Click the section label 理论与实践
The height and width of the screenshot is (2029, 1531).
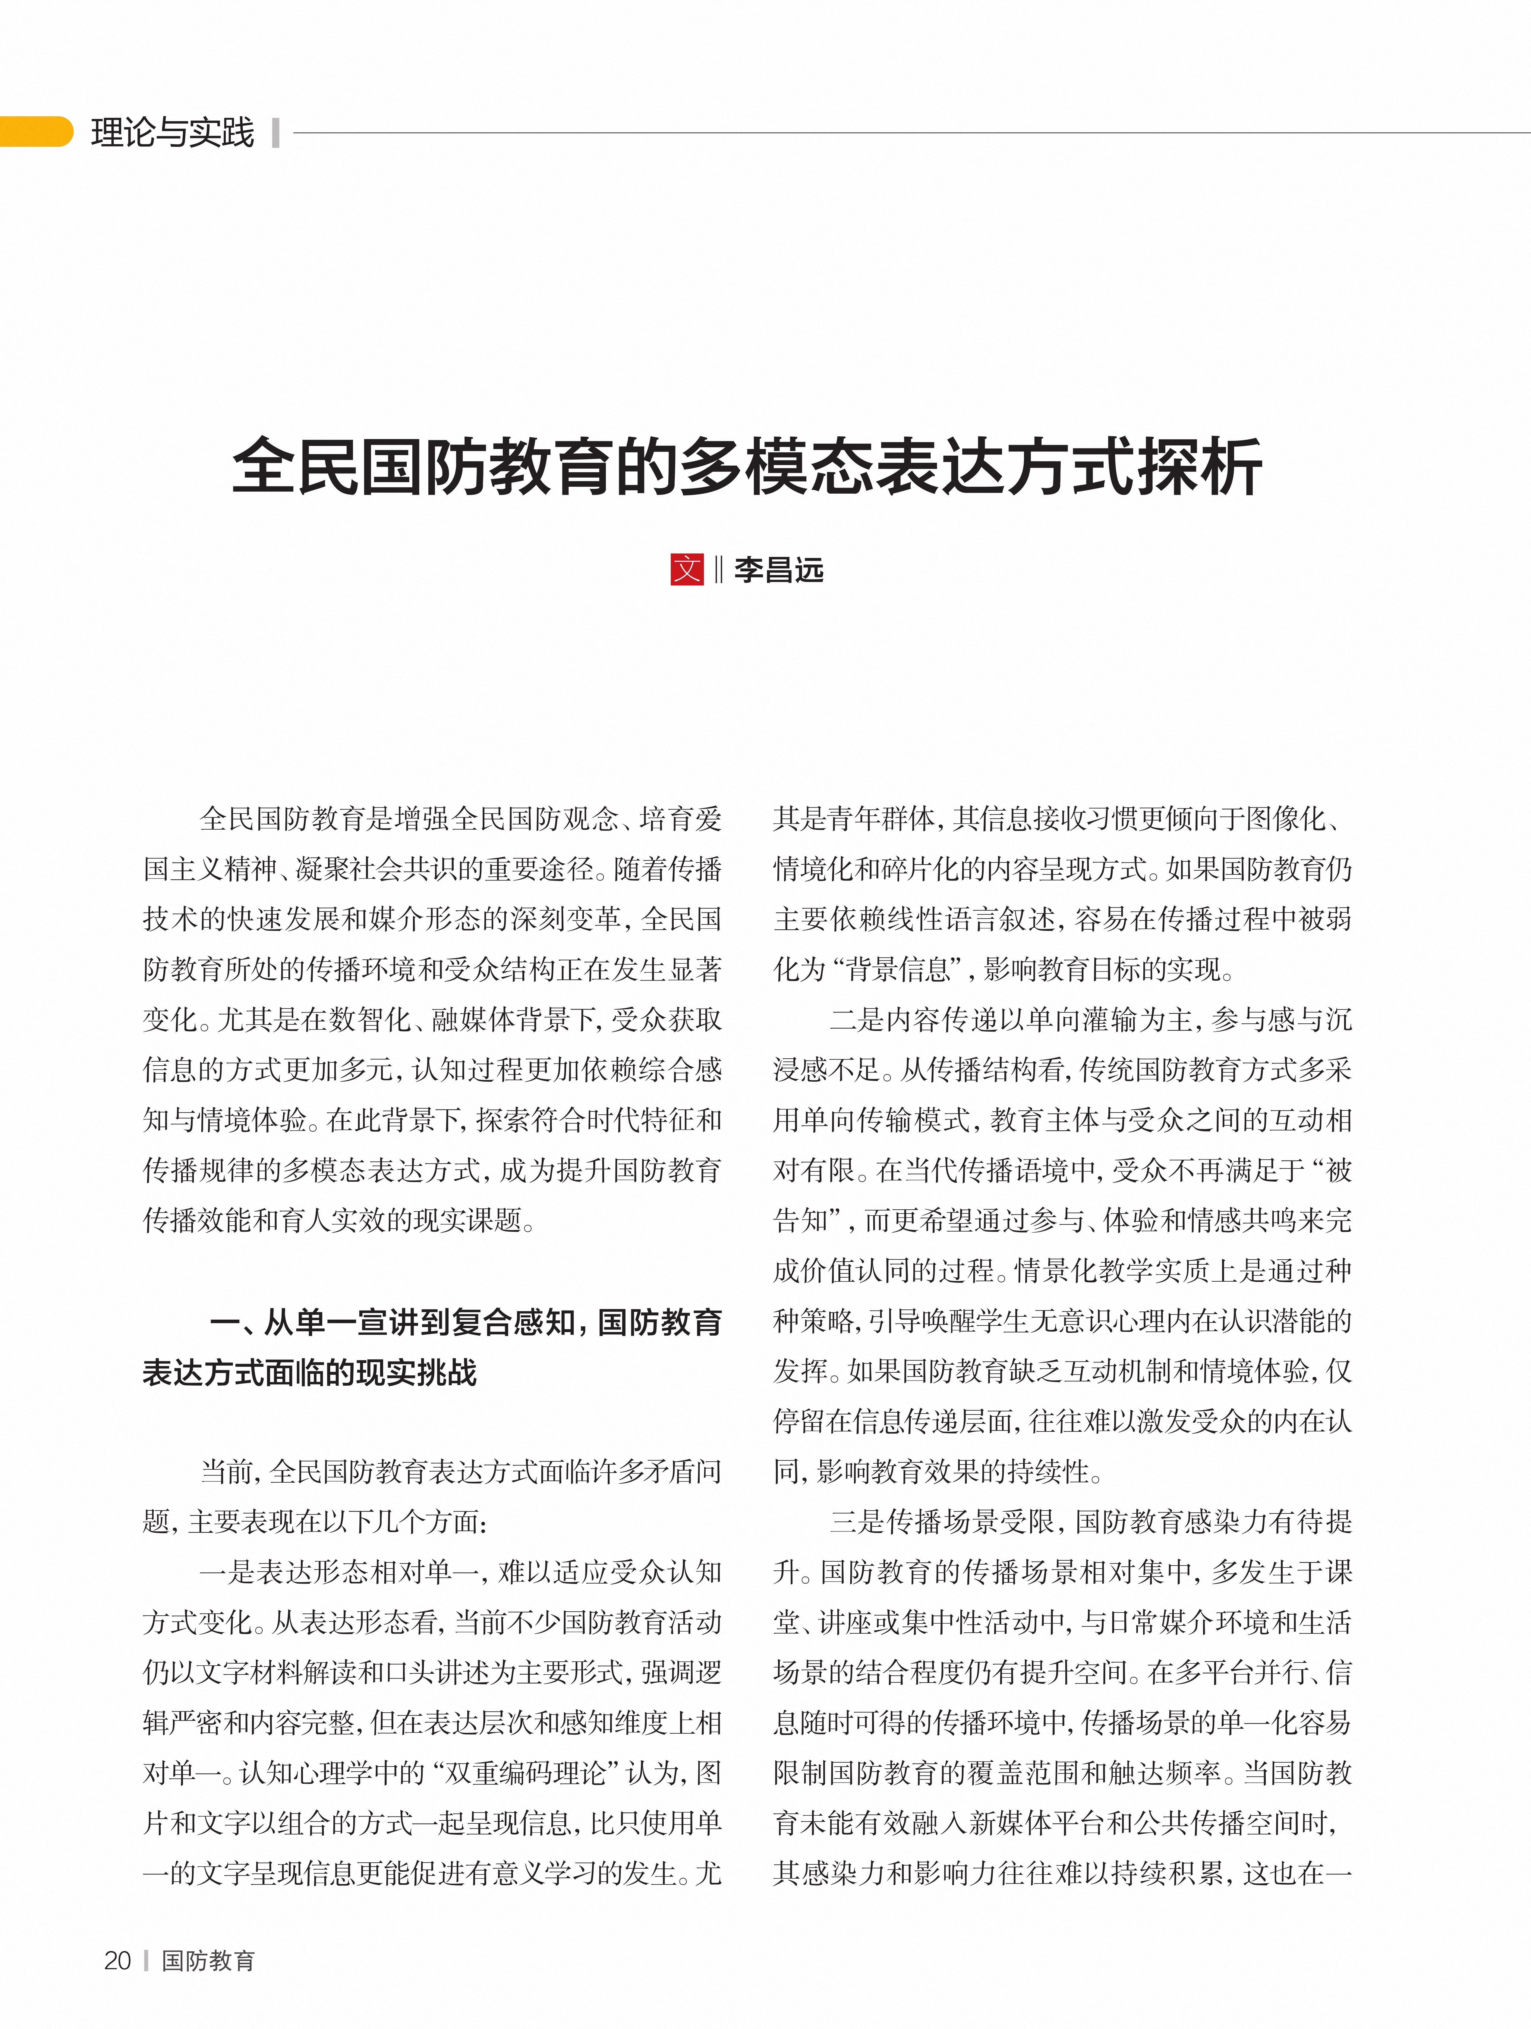(172, 132)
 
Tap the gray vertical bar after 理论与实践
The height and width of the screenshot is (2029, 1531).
(275, 132)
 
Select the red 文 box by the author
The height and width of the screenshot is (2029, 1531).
(687, 570)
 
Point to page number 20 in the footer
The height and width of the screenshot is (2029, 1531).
(118, 1960)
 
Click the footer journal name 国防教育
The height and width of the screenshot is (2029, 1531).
(208, 1960)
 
